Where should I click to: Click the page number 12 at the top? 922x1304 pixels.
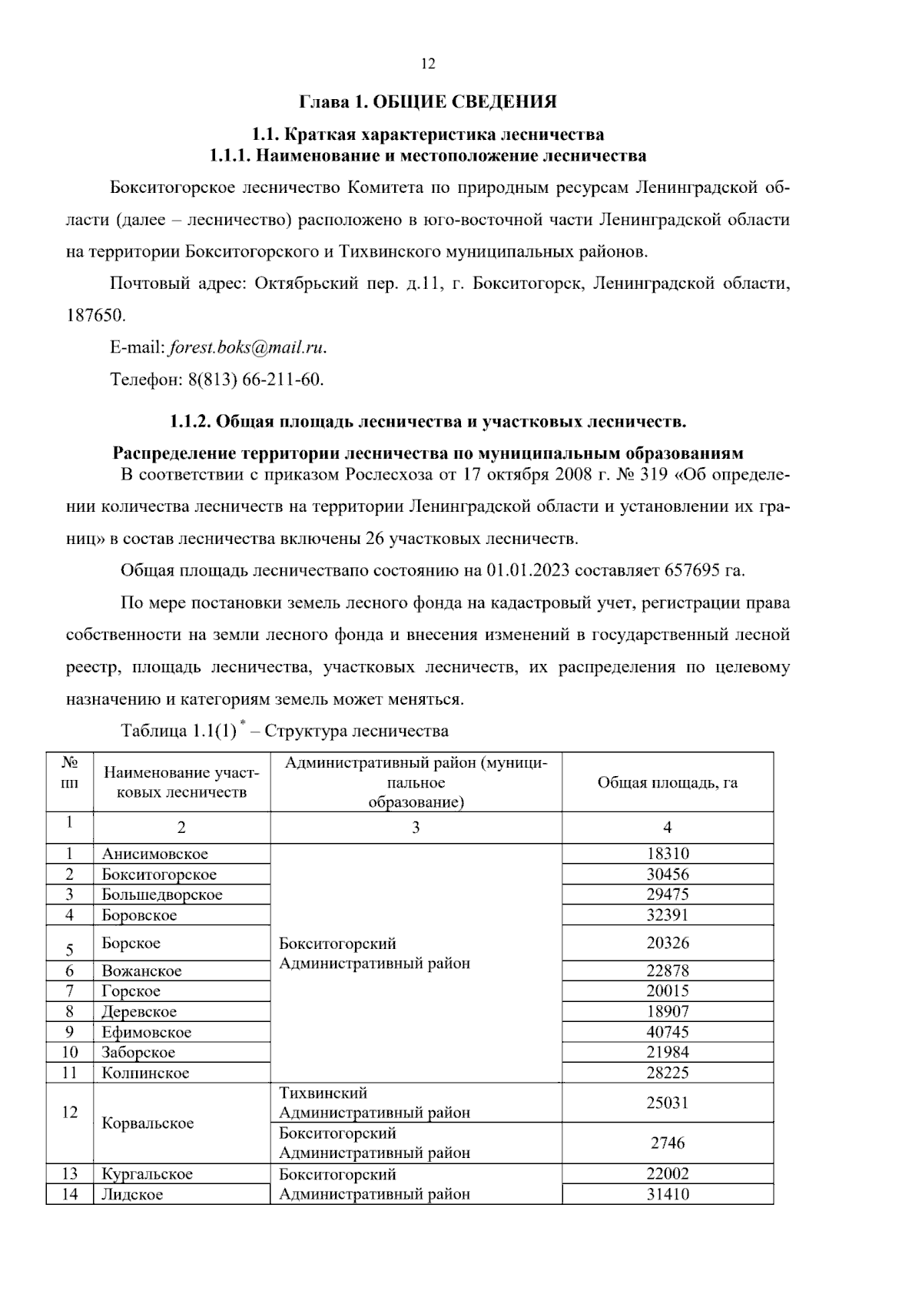click(x=428, y=65)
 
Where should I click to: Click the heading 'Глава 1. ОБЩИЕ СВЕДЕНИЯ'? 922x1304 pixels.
click(x=427, y=101)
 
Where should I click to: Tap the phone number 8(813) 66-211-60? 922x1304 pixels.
click(x=255, y=380)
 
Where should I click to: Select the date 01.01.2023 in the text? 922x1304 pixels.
click(x=529, y=571)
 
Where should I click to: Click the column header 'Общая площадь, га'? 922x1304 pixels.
click(x=667, y=782)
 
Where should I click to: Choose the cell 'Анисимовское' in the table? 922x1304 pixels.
click(x=155, y=854)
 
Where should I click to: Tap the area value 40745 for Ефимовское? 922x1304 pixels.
click(x=667, y=1032)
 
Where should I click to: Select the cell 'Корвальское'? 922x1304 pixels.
click(x=148, y=1123)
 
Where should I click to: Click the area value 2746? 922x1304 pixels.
click(x=667, y=1143)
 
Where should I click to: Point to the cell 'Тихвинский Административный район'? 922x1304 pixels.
click(x=374, y=1103)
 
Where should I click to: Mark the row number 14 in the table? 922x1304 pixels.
click(x=70, y=1194)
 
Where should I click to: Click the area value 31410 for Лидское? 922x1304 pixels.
click(x=667, y=1194)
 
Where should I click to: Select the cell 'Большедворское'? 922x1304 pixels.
click(x=162, y=894)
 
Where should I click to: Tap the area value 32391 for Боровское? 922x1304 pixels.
click(x=667, y=915)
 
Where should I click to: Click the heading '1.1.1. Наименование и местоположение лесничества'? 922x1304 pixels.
click(x=427, y=156)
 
